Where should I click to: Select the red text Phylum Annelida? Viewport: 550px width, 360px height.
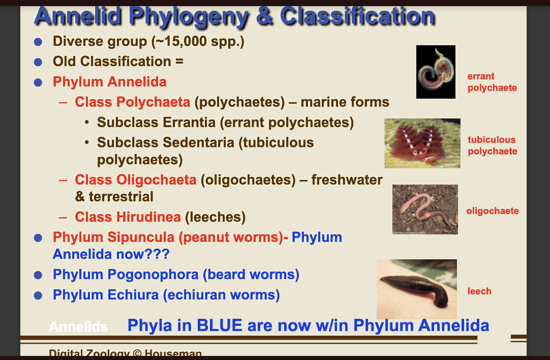(109, 82)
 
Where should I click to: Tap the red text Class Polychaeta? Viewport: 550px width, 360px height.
(132, 102)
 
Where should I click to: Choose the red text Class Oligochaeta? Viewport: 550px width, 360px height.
(135, 179)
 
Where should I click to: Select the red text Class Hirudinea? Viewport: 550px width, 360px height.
(128, 217)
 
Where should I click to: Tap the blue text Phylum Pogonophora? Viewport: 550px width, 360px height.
(126, 275)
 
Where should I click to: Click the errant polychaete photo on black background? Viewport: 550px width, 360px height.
(436, 72)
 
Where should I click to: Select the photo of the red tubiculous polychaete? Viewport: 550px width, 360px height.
(422, 143)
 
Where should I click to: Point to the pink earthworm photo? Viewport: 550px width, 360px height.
(424, 209)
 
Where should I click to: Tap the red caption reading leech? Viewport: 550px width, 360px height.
(479, 291)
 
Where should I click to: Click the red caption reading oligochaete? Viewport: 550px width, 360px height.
(492, 211)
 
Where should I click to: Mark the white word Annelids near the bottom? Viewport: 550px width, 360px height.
(78, 327)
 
